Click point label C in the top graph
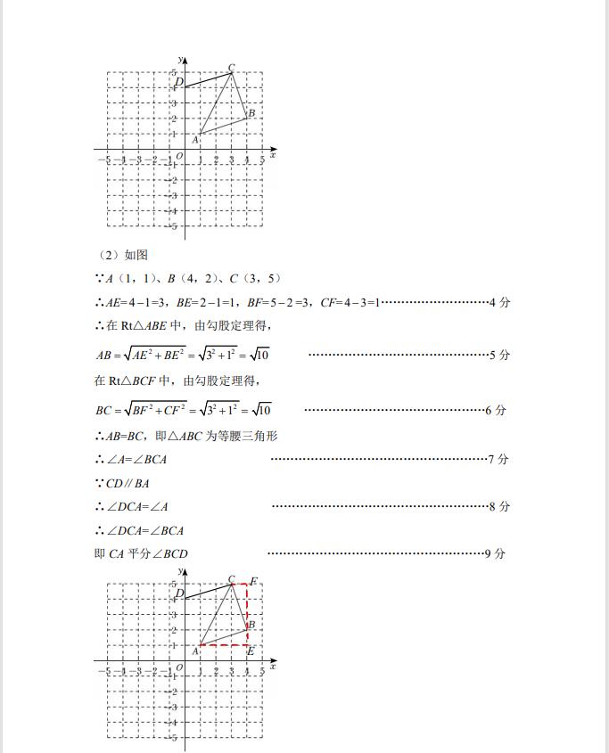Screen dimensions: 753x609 231,67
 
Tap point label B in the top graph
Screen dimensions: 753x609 252,113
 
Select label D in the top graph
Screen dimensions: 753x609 179,82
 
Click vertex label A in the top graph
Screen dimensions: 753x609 194,139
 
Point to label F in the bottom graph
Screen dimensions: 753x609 253,581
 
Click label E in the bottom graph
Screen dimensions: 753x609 251,651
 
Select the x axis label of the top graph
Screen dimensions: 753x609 272,154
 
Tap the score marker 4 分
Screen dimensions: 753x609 499,303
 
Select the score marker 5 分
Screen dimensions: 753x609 499,355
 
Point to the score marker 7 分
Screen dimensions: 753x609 499,459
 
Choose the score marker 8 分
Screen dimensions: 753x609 499,506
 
